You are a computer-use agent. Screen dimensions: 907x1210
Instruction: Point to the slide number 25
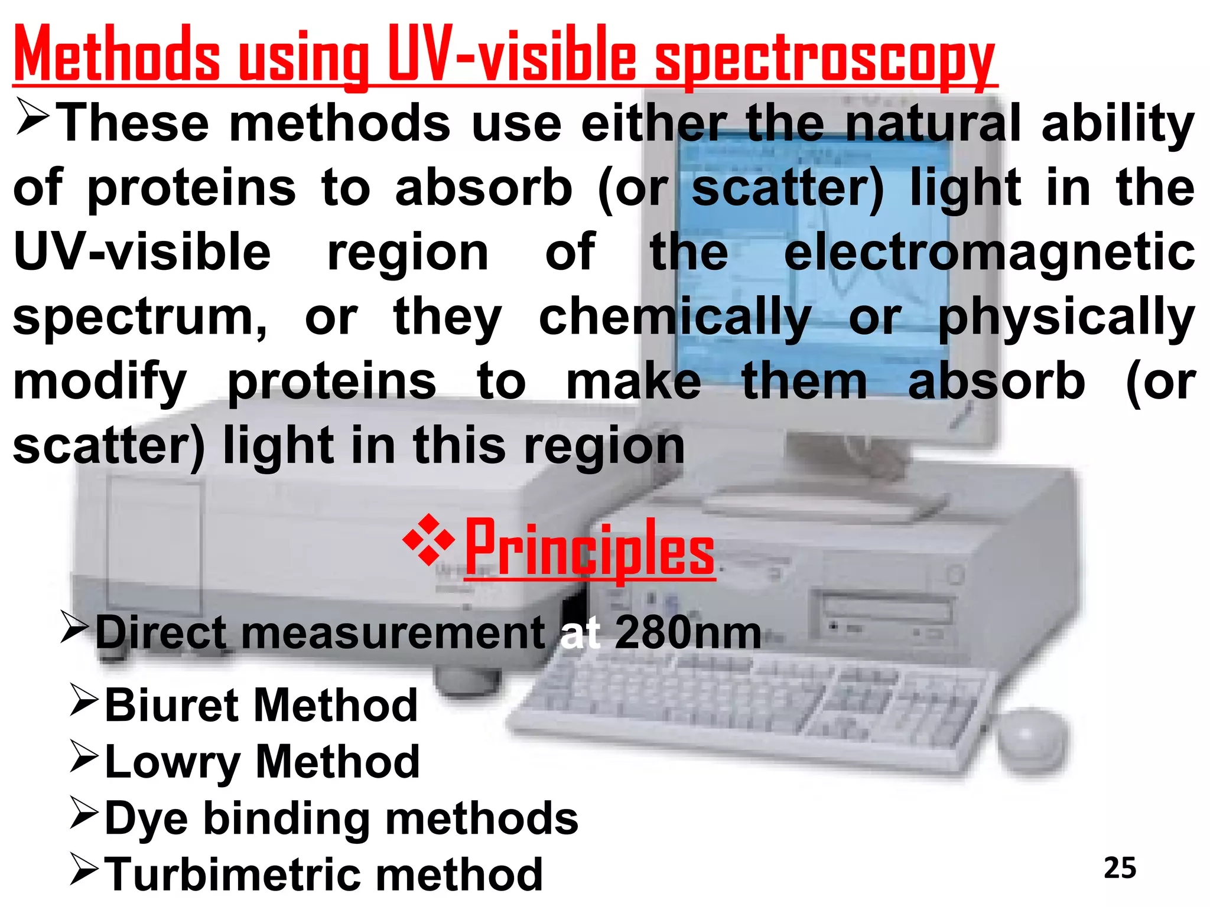click(x=1120, y=868)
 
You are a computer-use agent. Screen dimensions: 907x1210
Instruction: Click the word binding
click(x=287, y=818)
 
